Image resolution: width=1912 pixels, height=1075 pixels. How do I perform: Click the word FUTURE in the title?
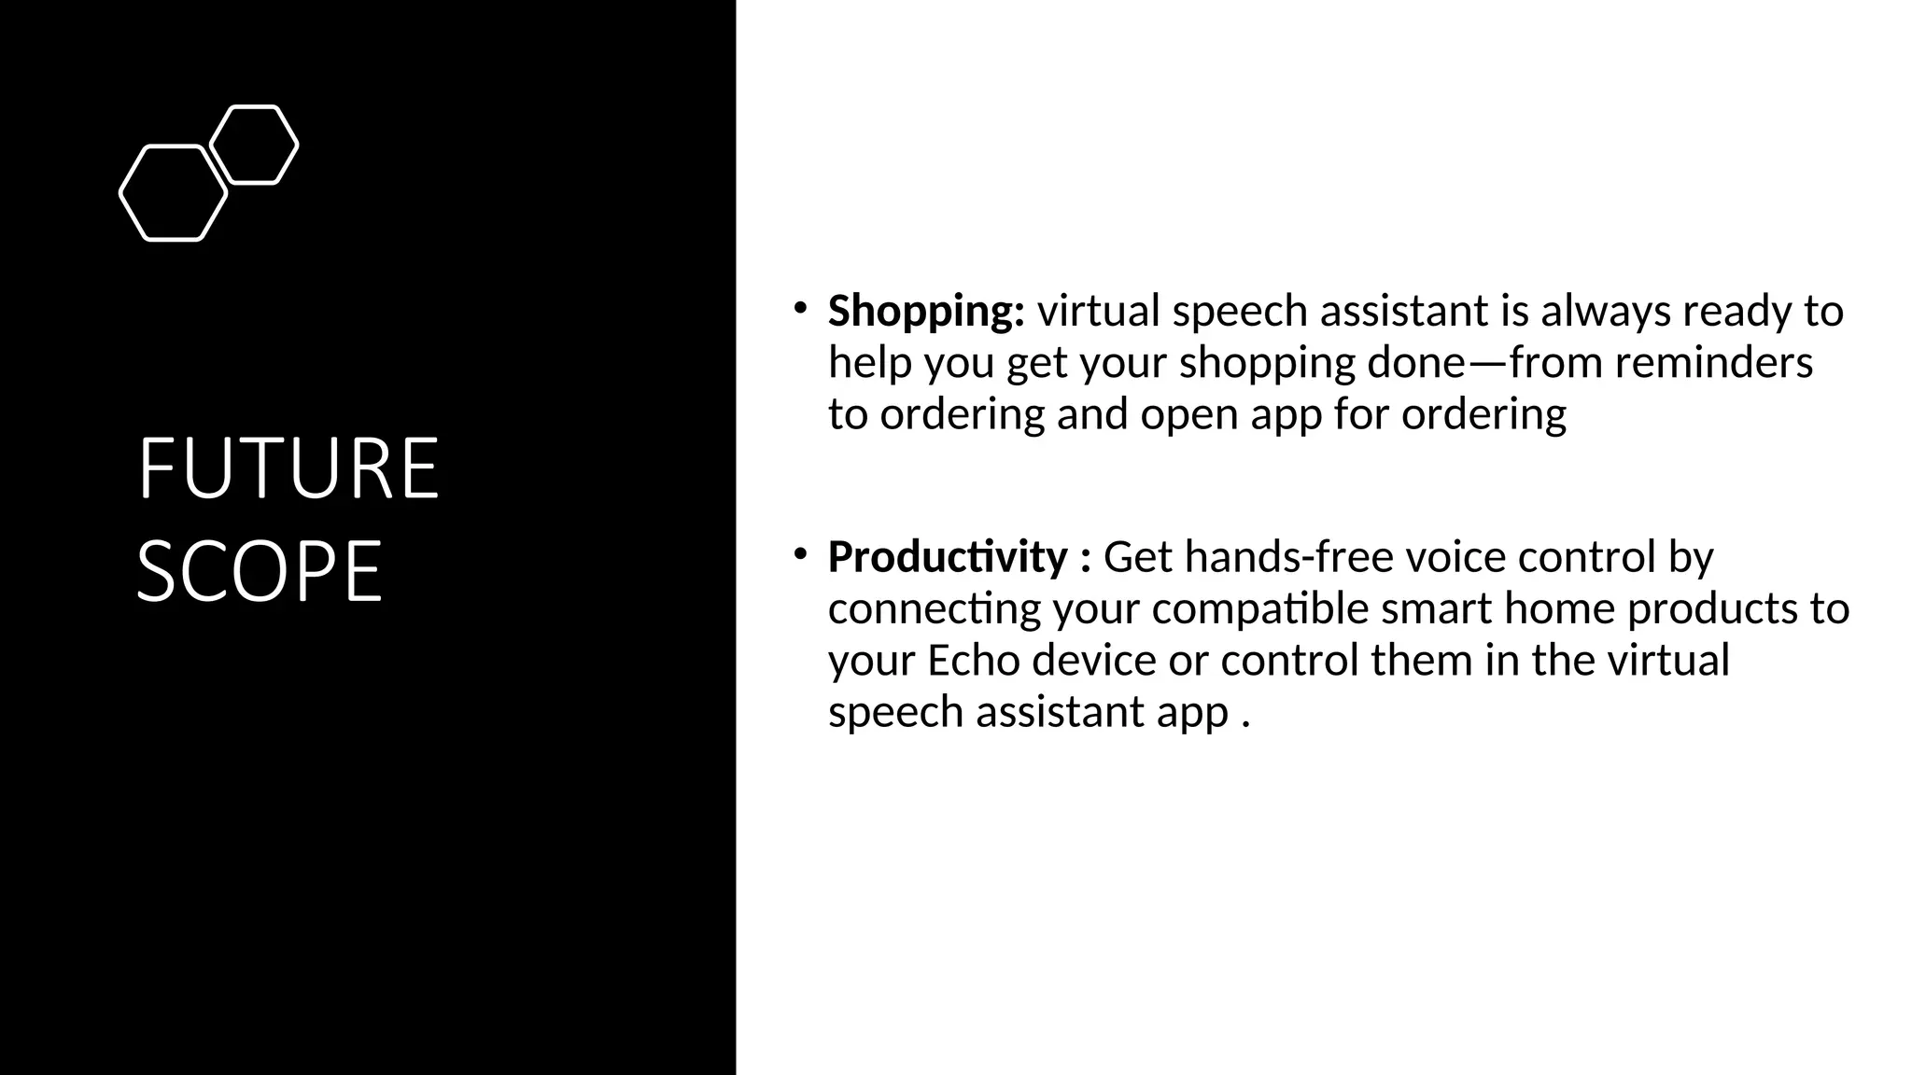point(288,468)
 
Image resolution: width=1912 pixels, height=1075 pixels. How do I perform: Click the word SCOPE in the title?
point(260,571)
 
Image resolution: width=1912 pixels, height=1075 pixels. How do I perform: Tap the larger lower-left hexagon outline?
point(174,193)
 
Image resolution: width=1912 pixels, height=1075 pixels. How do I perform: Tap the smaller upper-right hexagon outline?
point(254,145)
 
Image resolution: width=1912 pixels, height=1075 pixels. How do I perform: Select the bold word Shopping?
point(926,312)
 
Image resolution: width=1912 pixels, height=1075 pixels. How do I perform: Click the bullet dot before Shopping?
point(800,308)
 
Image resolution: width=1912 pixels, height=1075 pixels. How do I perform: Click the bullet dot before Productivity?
point(800,554)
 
